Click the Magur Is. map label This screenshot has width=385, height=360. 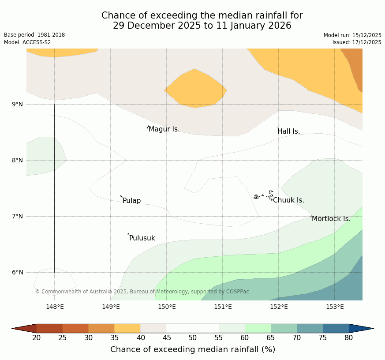coord(164,129)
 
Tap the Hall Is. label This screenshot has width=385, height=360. coord(289,131)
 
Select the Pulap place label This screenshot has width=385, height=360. coord(131,201)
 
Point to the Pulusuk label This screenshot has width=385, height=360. coord(142,238)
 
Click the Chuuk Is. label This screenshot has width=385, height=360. coord(288,200)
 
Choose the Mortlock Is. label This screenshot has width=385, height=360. coord(331,219)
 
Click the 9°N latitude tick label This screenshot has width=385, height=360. coord(18,104)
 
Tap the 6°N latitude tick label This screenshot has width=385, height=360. coord(18,272)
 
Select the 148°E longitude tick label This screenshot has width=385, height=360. coord(55,307)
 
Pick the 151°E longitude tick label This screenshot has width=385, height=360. coord(223,307)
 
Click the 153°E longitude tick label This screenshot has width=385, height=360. coord(335,307)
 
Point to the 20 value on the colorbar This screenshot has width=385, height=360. coord(37,338)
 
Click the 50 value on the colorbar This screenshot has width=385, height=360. coord(193,338)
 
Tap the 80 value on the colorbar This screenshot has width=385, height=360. coord(349,338)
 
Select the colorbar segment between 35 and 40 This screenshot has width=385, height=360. coord(128,328)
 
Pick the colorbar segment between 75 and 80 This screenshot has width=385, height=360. coord(336,328)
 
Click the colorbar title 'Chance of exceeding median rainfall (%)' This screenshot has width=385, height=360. coord(193,349)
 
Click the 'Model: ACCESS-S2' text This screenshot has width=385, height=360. coord(27,42)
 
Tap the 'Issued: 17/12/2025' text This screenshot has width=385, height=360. coord(357,42)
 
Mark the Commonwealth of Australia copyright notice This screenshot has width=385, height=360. coord(142,292)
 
